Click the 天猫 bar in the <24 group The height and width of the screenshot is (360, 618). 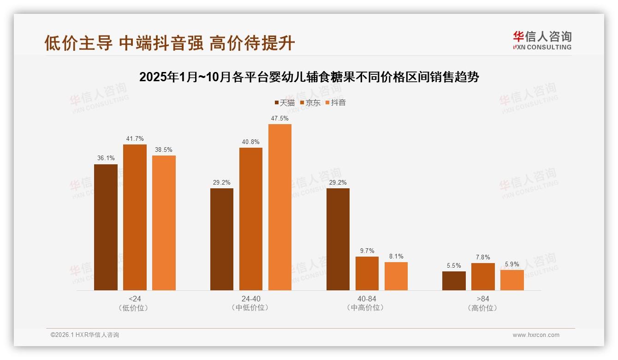(106, 227)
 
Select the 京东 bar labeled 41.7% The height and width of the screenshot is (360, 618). (135, 217)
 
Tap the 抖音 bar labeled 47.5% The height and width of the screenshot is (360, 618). (280, 207)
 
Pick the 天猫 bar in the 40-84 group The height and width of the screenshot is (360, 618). (338, 239)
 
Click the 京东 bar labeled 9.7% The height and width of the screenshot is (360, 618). (367, 273)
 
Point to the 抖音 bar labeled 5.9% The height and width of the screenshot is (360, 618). (512, 280)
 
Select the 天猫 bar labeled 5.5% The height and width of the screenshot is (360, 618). (454, 281)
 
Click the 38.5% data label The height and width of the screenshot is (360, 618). (164, 150)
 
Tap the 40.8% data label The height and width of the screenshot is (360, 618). (251, 142)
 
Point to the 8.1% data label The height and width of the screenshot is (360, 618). (396, 257)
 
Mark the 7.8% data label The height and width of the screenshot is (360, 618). (483, 258)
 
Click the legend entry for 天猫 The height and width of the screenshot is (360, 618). (285, 103)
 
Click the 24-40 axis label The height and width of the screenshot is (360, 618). (251, 299)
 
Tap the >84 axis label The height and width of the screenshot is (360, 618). (483, 299)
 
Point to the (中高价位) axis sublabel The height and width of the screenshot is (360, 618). (367, 308)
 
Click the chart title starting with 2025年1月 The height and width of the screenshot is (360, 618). (309, 77)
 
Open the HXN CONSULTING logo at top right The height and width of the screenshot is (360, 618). (542, 40)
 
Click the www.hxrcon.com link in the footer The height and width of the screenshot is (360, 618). (536, 335)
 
